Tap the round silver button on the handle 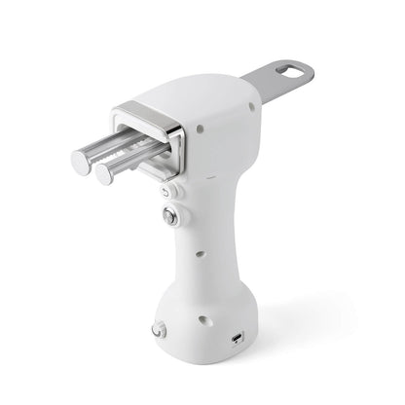[170, 217]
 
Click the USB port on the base [239, 340]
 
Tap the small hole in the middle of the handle [199, 255]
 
